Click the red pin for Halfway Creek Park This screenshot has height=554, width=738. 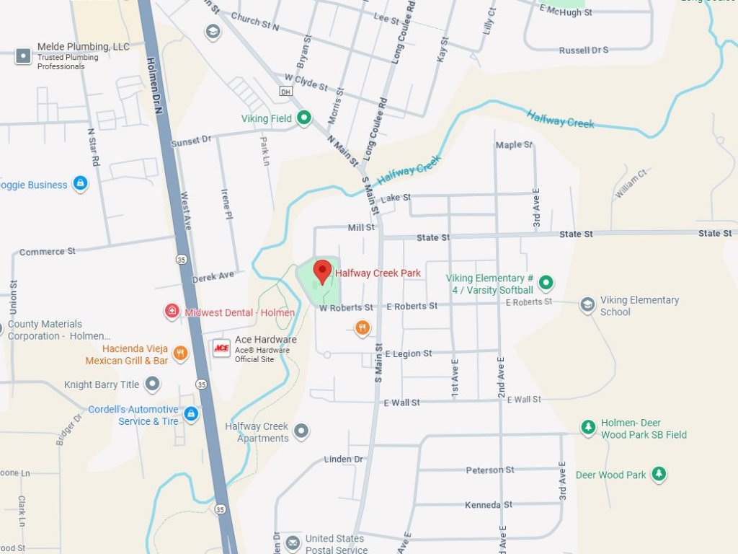point(322,271)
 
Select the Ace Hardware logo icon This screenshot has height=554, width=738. point(221,348)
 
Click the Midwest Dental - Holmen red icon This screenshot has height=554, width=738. point(172,312)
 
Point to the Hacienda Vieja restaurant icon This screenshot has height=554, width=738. point(180,353)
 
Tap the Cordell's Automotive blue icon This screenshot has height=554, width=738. point(190,414)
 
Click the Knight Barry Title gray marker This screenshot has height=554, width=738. point(152,384)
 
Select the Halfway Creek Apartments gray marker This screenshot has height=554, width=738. point(301,431)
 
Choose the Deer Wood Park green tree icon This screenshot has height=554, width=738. point(658,474)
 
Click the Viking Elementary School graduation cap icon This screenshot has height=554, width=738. point(587,304)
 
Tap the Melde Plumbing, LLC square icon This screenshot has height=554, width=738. point(24,56)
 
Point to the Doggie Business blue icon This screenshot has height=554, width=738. point(80,184)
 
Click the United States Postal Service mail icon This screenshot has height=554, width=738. point(293,542)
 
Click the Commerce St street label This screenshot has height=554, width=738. point(48,252)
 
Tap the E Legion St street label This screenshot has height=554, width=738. point(409,354)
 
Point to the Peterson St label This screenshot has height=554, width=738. point(490,470)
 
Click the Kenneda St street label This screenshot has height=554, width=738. point(488,505)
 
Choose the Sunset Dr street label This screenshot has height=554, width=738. point(191,140)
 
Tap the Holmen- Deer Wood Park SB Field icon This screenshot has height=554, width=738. point(589,428)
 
